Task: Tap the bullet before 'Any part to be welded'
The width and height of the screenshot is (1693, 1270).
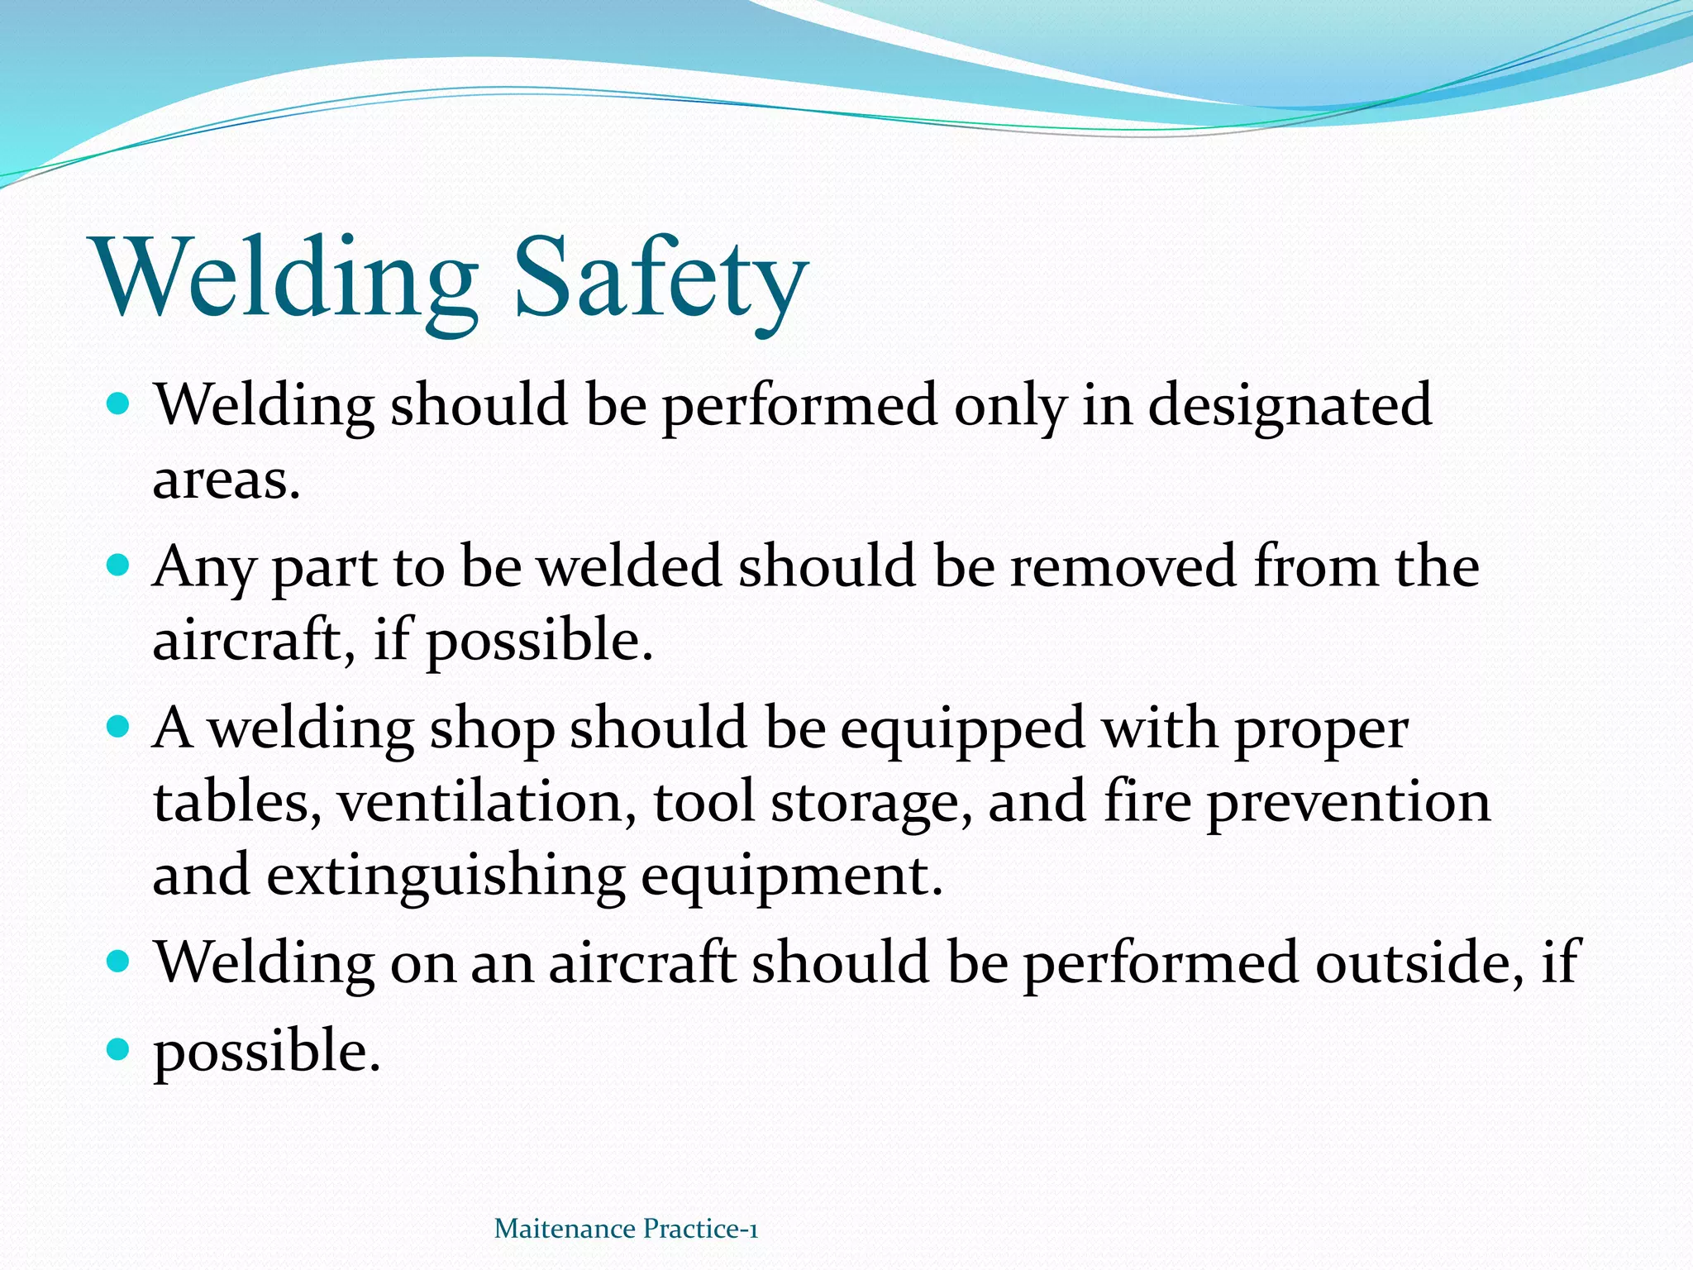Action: [x=119, y=566]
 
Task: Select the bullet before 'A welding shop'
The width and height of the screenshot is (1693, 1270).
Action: [x=119, y=728]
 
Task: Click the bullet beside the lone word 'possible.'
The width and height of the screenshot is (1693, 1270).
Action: [x=119, y=1049]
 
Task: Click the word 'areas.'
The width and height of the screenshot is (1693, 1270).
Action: [x=226, y=480]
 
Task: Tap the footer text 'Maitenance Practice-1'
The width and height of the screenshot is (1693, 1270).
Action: [x=626, y=1229]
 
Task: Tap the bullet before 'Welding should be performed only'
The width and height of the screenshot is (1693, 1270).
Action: [x=119, y=404]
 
